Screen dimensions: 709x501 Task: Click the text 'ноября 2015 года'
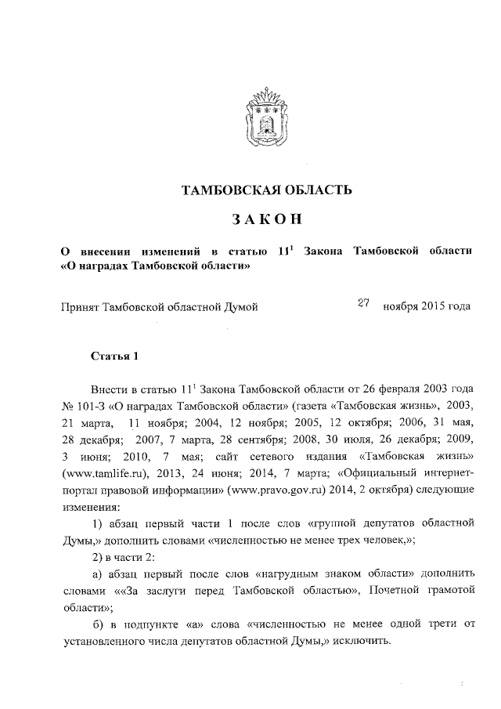tap(427, 306)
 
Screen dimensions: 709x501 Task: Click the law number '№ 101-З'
tap(81, 405)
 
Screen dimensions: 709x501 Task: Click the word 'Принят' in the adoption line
tap(80, 306)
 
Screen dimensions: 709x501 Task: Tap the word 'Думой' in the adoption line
tap(241, 306)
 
